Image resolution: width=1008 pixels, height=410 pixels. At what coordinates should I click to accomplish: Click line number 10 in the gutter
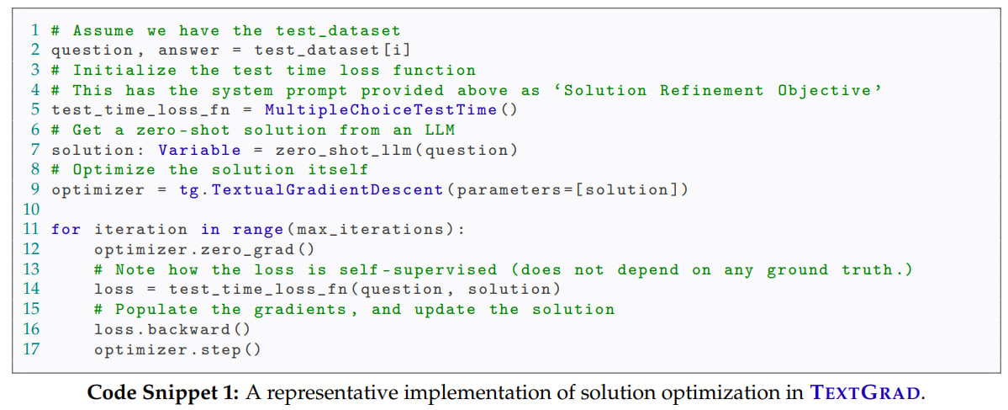pyautogui.click(x=31, y=209)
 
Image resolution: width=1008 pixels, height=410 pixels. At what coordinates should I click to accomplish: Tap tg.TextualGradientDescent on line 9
pyautogui.click(x=311, y=189)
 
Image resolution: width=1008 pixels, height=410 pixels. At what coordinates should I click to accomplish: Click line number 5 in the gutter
pyautogui.click(x=35, y=109)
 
